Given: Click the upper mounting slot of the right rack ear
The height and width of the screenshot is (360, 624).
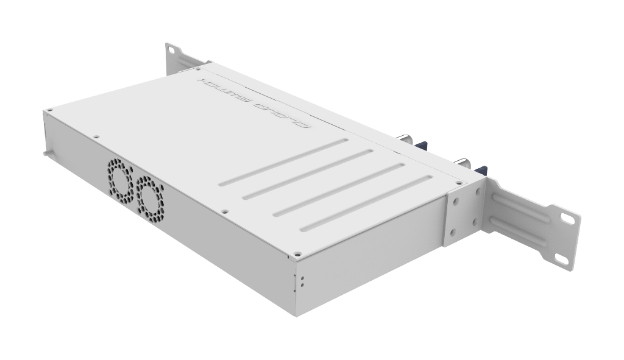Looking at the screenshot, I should [x=567, y=217].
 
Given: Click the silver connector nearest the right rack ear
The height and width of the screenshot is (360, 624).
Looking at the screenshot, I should [x=463, y=163].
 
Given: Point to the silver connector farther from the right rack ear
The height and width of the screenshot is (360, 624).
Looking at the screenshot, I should [x=406, y=139].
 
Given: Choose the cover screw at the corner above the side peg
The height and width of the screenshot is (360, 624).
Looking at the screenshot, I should [x=50, y=110].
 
